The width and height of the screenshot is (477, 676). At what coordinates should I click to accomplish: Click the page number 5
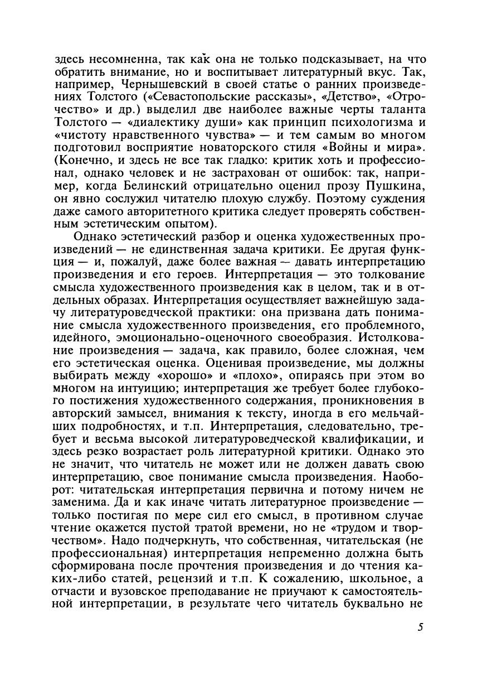point(420,626)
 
